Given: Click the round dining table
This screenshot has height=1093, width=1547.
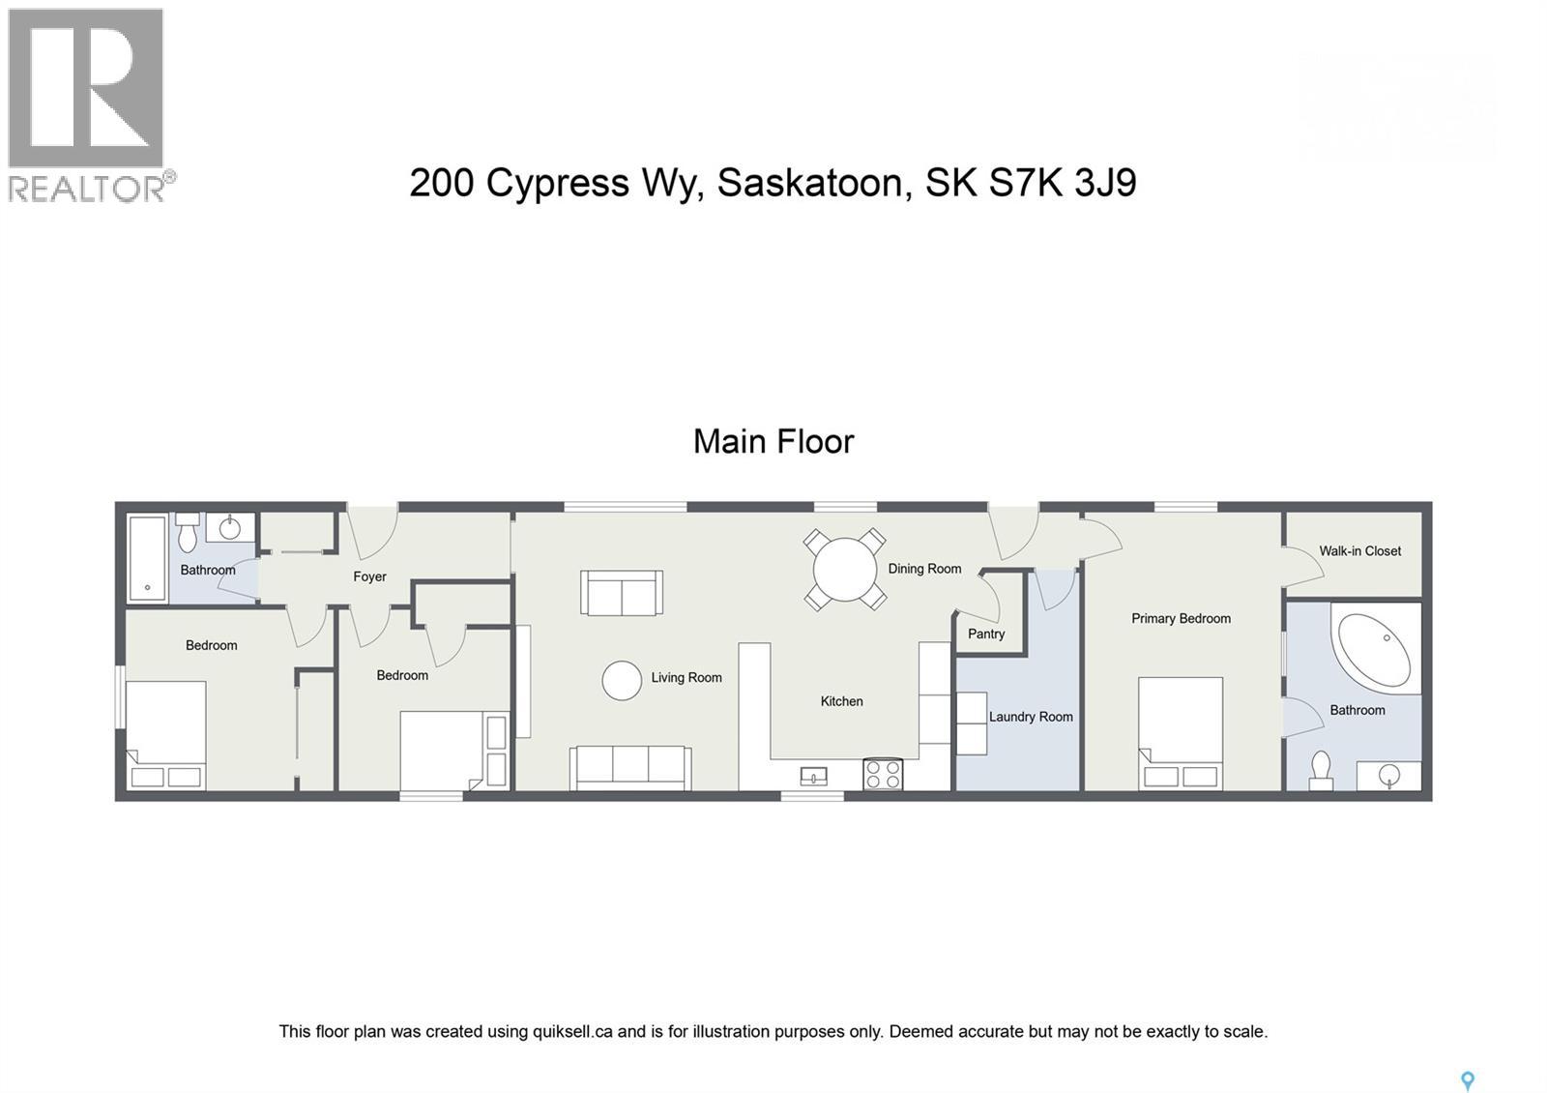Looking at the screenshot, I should (x=844, y=570).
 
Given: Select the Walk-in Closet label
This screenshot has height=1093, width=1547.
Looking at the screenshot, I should (x=1359, y=551).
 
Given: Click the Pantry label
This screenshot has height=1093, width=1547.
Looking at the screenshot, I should (x=986, y=635).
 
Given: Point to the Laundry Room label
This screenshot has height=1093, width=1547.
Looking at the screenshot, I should (x=1031, y=718).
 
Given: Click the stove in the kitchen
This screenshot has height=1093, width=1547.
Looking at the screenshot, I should (x=882, y=774).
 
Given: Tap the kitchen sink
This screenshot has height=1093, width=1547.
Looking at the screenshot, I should (x=813, y=775).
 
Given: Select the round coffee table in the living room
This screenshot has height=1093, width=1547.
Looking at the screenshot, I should (x=622, y=680).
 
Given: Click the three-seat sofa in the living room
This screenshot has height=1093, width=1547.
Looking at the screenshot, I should (x=630, y=768).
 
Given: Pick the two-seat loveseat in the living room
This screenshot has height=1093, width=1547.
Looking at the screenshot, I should (x=622, y=592).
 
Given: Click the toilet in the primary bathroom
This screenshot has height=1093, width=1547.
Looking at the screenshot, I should (x=1319, y=769).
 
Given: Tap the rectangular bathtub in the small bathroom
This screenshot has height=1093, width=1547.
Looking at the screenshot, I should (x=147, y=556).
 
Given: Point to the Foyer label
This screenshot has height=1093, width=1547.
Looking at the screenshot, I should (x=369, y=577).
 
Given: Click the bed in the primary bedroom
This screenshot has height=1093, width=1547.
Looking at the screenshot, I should (x=1181, y=733).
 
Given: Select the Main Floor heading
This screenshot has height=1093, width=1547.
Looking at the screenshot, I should (x=773, y=442).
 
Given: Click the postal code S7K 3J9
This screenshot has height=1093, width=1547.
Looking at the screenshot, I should (x=1061, y=183).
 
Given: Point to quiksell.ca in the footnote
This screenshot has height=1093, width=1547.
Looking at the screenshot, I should (x=572, y=1032).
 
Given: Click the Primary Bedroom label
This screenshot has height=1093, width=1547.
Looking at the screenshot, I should (x=1181, y=619).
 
